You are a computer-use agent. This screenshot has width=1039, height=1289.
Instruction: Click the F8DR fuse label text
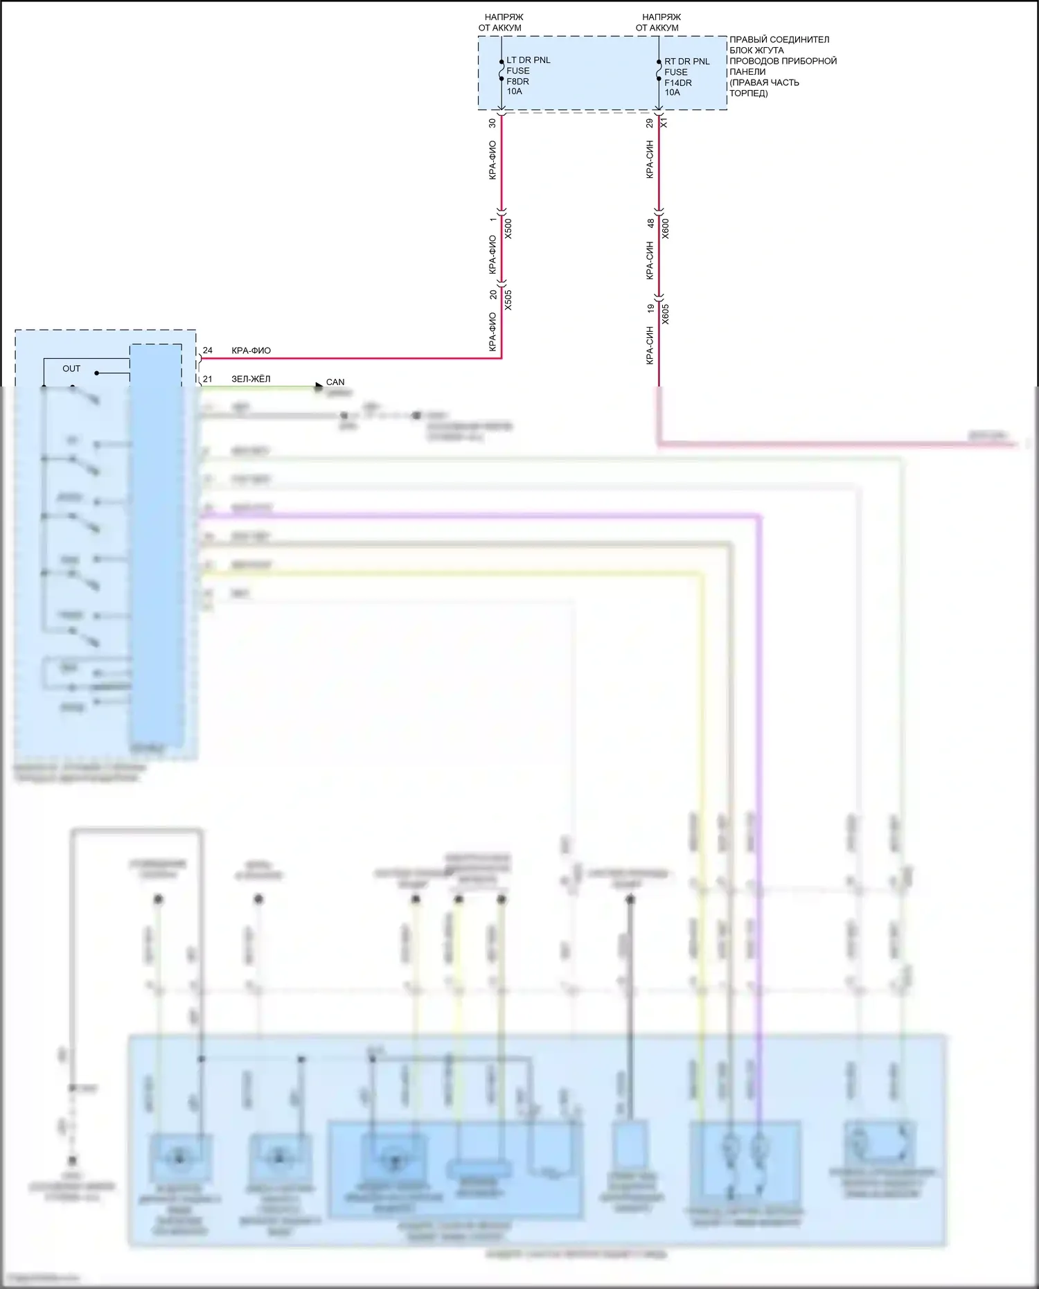point(517,81)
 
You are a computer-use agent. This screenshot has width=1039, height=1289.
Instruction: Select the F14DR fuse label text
point(677,82)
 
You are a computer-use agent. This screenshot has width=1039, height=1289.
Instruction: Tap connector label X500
point(508,229)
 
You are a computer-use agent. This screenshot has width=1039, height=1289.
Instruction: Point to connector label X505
point(508,299)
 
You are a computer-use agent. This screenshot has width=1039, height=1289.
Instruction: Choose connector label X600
point(666,229)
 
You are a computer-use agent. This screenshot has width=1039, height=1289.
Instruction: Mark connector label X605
point(666,314)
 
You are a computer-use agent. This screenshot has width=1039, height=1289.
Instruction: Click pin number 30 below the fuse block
point(492,123)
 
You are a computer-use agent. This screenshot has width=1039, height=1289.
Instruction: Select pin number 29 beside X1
point(650,123)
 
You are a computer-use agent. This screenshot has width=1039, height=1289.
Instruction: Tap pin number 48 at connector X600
point(650,223)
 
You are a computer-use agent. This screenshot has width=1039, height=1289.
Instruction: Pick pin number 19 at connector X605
point(650,308)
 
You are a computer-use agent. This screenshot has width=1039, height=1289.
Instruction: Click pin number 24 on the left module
point(208,350)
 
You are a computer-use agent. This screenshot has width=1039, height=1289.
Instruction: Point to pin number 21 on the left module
point(208,379)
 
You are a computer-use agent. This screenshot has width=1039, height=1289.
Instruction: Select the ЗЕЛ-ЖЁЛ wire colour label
point(251,379)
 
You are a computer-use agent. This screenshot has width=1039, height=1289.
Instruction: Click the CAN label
point(335,382)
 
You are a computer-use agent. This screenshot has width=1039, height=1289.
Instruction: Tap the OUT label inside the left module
point(71,368)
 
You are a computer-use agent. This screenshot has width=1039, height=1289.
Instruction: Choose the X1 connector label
point(664,123)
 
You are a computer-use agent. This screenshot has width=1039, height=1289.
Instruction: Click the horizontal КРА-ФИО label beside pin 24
point(251,350)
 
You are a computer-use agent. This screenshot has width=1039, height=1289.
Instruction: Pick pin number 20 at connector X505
point(493,294)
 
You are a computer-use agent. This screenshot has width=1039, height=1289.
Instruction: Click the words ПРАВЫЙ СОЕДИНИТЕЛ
point(779,39)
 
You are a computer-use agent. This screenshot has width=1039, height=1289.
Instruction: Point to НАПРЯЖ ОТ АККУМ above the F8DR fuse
point(501,22)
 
